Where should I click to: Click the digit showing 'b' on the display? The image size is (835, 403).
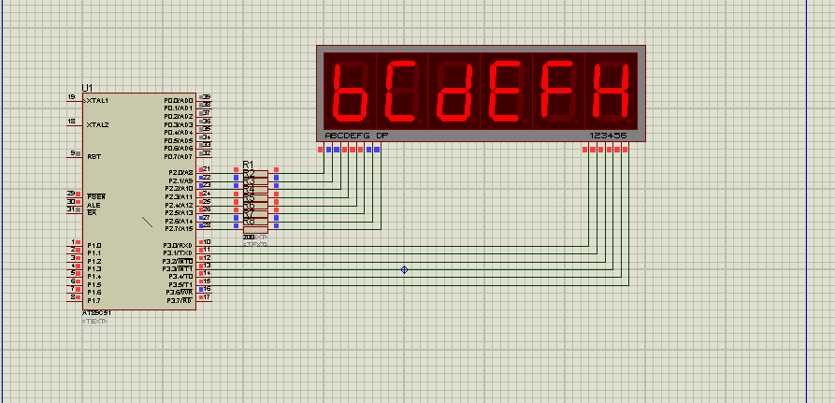[x=350, y=91]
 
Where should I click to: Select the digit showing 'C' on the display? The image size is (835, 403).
[x=402, y=91]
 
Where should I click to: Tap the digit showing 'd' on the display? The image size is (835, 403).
[x=454, y=91]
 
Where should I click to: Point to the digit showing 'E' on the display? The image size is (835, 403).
[x=507, y=91]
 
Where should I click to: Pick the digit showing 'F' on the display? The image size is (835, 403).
[x=559, y=91]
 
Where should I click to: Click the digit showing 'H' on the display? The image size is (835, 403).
[x=612, y=91]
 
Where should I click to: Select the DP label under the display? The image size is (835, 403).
[x=382, y=136]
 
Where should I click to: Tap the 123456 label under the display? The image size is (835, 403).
[x=608, y=136]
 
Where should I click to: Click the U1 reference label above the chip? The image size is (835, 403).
[x=88, y=87]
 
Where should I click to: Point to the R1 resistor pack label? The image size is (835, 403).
[x=248, y=165]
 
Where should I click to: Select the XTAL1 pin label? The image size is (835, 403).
[x=97, y=100]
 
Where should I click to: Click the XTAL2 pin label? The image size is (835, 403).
[x=97, y=124]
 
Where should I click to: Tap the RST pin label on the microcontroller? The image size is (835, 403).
[x=94, y=157]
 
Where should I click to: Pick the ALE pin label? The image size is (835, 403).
[x=94, y=205]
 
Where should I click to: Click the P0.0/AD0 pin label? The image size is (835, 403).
[x=178, y=100]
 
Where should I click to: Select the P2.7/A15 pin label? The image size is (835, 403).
[x=179, y=229]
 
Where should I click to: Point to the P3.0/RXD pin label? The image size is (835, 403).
[x=178, y=245]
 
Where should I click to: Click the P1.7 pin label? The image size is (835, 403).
[x=94, y=301]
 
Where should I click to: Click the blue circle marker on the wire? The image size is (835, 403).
[x=405, y=269]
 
